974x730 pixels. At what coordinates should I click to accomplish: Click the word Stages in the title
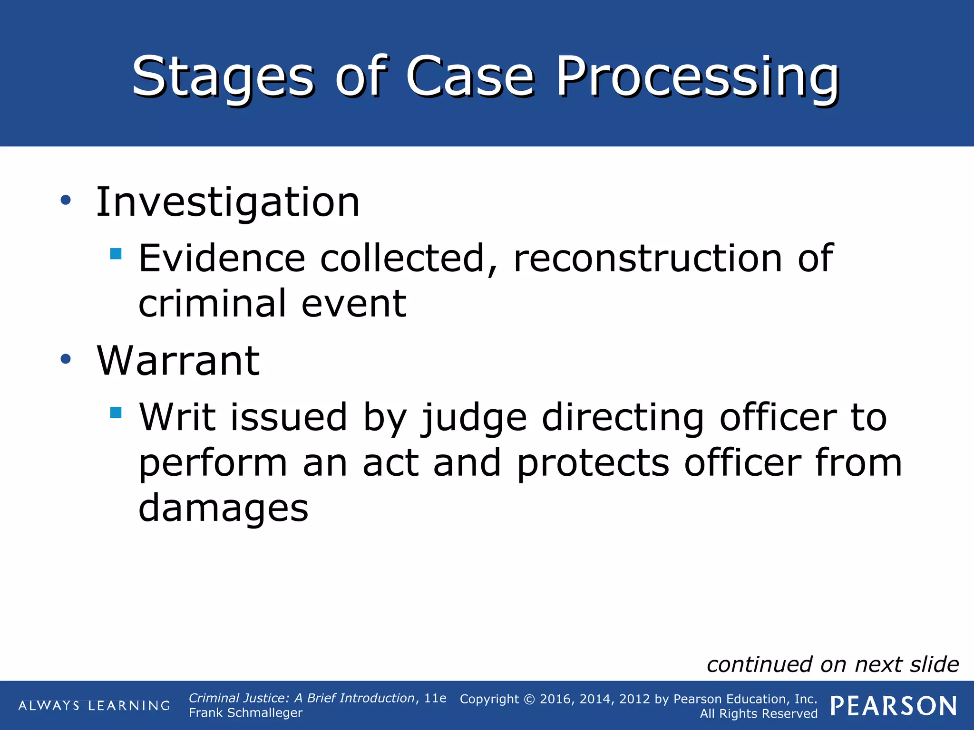[x=223, y=77]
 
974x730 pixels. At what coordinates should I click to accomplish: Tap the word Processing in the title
[x=697, y=77]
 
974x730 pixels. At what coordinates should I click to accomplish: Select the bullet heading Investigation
[x=228, y=202]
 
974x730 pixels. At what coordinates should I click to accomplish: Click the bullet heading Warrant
[x=178, y=361]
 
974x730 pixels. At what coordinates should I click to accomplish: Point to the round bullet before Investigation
[x=66, y=200]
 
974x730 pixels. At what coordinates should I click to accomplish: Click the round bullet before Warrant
[x=66, y=359]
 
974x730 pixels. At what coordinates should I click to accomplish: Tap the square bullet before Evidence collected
[x=116, y=253]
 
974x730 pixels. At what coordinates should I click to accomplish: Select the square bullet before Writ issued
[x=116, y=412]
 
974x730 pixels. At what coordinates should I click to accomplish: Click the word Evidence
[x=222, y=259]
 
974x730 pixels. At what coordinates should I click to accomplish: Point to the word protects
[x=593, y=463]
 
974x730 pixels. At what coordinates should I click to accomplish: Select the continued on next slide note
[x=832, y=664]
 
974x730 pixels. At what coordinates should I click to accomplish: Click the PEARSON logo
[x=894, y=706]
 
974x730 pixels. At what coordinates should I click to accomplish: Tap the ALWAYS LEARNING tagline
[x=94, y=706]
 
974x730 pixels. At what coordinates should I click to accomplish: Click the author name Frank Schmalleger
[x=245, y=713]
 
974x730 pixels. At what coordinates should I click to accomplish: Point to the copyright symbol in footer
[x=529, y=700]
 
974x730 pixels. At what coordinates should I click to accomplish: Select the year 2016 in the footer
[x=555, y=699]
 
